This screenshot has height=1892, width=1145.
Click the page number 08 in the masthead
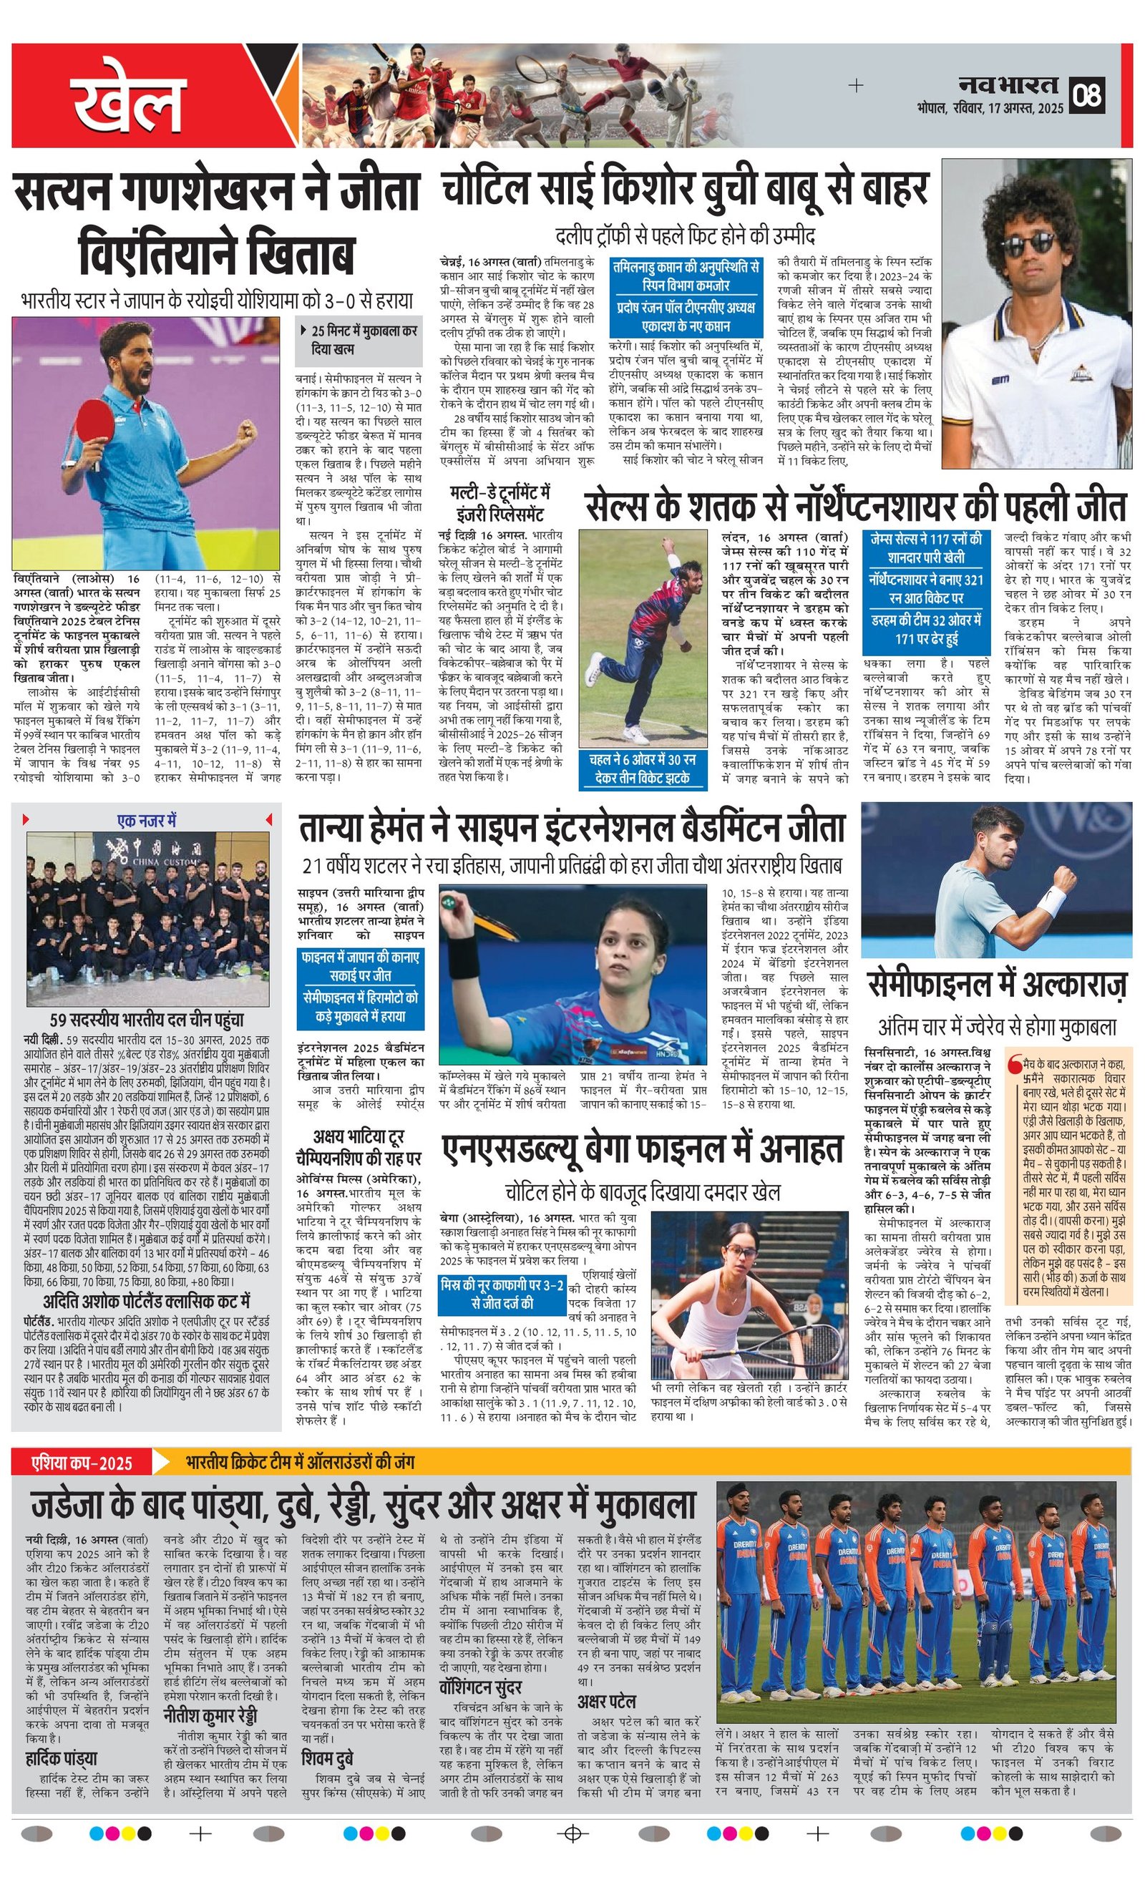[x=1089, y=95]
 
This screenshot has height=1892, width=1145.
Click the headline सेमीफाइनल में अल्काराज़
[x=997, y=985]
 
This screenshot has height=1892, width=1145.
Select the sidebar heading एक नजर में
[x=147, y=821]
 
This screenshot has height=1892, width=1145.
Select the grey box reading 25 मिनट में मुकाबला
[x=359, y=339]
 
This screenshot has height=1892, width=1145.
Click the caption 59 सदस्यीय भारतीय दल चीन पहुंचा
[x=147, y=1020]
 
